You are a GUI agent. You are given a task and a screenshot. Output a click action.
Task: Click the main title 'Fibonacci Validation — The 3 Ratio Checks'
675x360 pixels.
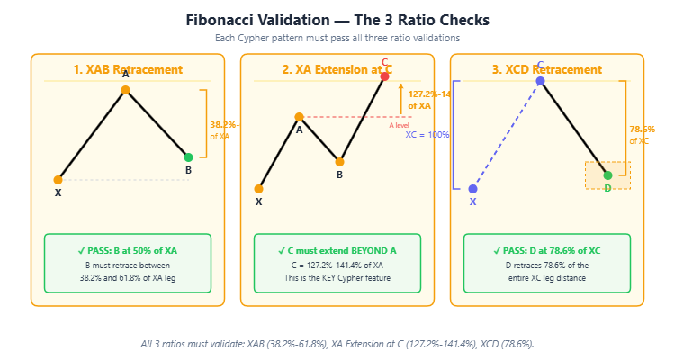click(337, 19)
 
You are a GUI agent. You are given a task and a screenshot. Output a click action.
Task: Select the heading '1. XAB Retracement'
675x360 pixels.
click(128, 69)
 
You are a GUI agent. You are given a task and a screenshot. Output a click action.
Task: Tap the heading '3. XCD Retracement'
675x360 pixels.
click(546, 69)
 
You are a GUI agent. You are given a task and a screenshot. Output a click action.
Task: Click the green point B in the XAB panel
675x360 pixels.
click(188, 157)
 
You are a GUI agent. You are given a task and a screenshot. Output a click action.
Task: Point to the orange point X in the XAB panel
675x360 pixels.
click(58, 180)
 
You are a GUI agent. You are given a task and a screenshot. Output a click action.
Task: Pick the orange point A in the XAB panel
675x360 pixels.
click(125, 90)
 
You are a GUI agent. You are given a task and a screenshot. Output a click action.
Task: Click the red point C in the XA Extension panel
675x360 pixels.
click(384, 76)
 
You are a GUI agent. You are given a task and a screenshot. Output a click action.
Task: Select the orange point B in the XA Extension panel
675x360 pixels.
click(339, 162)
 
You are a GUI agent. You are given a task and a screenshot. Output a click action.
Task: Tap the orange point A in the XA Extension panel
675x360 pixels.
click(299, 117)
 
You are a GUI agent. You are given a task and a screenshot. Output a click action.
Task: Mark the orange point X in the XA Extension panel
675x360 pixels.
click(258, 189)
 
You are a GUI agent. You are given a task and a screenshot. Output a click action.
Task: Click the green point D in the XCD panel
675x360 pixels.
click(607, 175)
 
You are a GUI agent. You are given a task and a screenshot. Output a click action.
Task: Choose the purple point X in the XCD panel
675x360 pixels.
click(472, 189)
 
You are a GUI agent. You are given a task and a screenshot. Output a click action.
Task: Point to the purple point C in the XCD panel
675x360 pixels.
click(540, 81)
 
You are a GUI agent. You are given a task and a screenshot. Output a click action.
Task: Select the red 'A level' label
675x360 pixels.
click(399, 125)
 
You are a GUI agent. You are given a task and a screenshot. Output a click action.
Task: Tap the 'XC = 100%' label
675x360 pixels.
click(427, 135)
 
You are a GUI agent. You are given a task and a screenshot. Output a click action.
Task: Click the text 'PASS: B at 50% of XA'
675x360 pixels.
click(128, 249)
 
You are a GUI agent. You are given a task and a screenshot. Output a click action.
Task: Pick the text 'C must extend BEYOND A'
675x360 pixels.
click(337, 249)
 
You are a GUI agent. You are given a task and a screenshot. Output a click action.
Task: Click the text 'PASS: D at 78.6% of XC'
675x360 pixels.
click(546, 249)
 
